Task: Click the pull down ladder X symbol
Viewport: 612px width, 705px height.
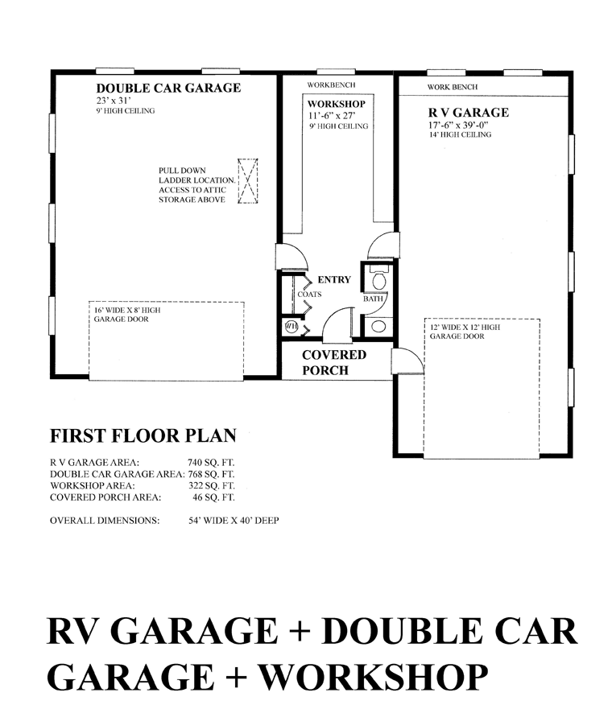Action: (x=247, y=181)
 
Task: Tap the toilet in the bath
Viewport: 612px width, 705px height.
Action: (x=379, y=278)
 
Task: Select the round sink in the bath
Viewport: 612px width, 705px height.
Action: (x=378, y=327)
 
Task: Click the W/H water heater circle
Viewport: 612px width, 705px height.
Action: (x=292, y=327)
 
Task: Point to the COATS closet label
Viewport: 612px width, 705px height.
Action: (x=309, y=295)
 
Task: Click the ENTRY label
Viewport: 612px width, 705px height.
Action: (x=334, y=279)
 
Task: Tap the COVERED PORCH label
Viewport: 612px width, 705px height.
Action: (x=334, y=362)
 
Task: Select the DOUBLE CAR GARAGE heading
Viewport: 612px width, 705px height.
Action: (x=168, y=88)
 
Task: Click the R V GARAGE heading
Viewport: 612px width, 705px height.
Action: (x=469, y=113)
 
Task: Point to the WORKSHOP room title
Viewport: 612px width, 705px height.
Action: (x=336, y=104)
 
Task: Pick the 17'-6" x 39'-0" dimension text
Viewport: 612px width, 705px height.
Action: (x=458, y=125)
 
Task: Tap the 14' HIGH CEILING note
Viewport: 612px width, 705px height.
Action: (x=460, y=134)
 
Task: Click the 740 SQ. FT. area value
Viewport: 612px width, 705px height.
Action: (x=211, y=462)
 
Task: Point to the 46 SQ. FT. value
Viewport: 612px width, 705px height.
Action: (x=213, y=497)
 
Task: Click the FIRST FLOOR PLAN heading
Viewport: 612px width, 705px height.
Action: (x=143, y=435)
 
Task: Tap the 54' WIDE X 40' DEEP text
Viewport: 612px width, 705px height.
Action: (x=234, y=521)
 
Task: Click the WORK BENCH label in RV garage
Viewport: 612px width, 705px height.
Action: (x=453, y=87)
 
